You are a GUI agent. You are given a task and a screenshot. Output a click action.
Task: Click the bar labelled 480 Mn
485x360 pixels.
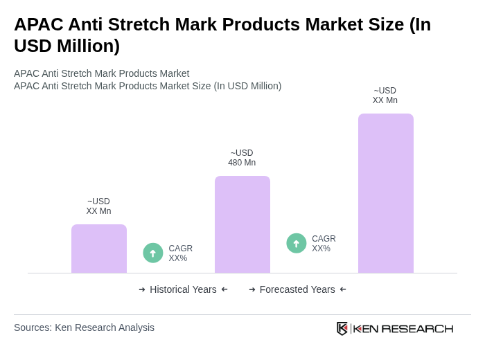click(x=242, y=224)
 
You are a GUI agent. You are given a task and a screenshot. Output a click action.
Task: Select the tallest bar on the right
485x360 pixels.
click(x=385, y=193)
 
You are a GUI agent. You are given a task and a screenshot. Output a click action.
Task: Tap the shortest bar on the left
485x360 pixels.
click(x=98, y=249)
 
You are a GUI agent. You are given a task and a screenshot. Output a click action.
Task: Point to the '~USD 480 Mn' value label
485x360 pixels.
click(x=242, y=158)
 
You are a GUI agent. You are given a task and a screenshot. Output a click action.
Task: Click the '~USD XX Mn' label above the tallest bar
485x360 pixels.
click(x=385, y=96)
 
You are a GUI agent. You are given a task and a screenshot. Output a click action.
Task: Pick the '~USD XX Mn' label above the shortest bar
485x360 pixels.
click(x=98, y=206)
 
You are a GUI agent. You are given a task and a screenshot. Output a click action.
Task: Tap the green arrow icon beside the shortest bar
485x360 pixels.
click(x=153, y=253)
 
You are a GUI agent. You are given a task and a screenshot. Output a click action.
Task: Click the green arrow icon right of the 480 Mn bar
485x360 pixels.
click(x=297, y=243)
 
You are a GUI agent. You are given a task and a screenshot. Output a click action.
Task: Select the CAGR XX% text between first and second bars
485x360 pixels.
click(x=180, y=253)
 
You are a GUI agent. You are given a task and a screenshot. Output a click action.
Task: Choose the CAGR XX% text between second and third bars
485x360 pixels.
click(x=324, y=244)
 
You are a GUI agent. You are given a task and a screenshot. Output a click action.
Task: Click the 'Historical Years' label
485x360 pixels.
click(x=183, y=289)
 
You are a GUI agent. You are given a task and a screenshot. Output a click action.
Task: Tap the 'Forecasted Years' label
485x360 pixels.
click(x=297, y=289)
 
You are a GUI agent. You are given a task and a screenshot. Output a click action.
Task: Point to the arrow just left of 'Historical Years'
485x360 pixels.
click(x=142, y=289)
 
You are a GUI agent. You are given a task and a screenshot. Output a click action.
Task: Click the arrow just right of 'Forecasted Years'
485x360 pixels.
click(x=343, y=289)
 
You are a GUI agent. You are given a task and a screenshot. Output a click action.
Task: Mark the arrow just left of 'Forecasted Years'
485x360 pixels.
click(x=252, y=289)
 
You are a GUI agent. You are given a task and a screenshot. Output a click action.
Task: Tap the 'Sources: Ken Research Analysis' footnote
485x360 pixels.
click(x=84, y=327)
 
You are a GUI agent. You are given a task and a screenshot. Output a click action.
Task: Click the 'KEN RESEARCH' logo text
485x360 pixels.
click(x=403, y=328)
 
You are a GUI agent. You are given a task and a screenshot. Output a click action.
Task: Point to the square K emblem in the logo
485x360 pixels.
click(x=342, y=328)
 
